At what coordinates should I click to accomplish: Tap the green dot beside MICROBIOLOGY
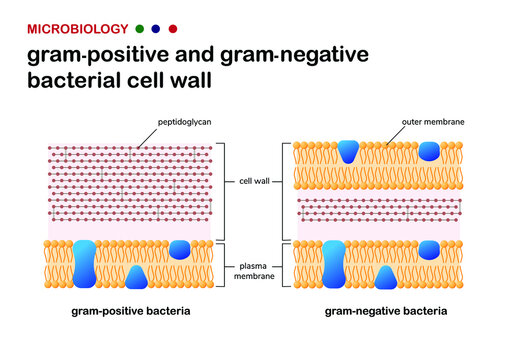pos(138,28)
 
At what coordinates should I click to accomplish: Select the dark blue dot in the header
pos(156,28)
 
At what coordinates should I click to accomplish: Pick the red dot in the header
pos(174,28)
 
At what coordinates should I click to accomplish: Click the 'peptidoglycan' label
pos(183,122)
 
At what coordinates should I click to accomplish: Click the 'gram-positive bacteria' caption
pos(131,311)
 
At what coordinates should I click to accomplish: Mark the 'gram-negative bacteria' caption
pos(386,311)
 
